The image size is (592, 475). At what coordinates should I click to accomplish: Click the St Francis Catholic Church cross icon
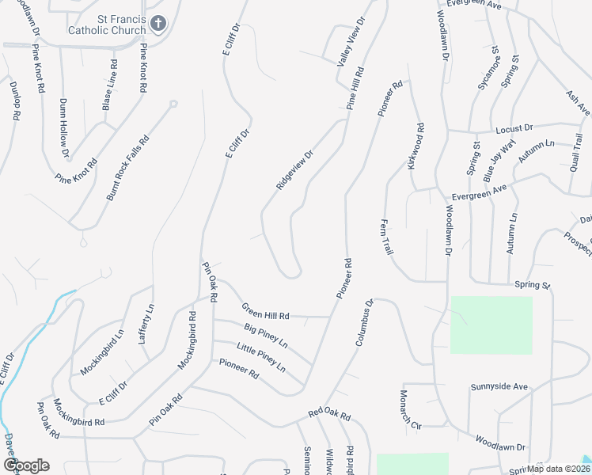coord(158,25)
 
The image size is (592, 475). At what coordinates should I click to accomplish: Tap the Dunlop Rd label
coord(14,100)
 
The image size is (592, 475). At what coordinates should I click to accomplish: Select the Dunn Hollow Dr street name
coord(64,127)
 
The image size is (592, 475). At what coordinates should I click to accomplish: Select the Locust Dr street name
coord(514,127)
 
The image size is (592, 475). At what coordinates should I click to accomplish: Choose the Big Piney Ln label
coord(266,336)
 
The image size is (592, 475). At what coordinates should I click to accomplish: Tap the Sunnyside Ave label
coord(499,386)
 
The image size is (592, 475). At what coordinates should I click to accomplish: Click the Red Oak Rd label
coord(329,414)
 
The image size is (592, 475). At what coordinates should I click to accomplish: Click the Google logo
coord(26,465)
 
